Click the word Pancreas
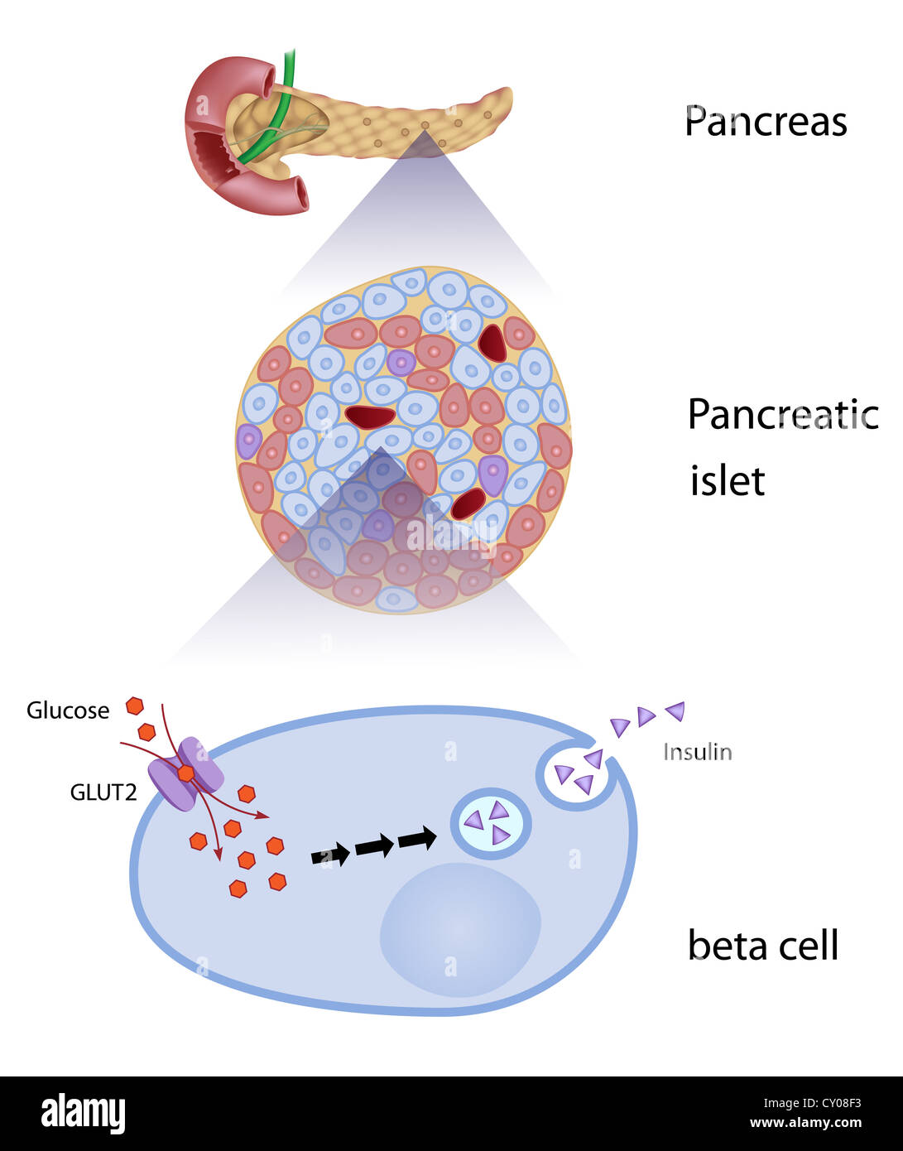[x=766, y=122]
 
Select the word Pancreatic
[x=782, y=414]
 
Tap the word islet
[x=727, y=481]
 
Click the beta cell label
[x=762, y=945]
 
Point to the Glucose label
[x=68, y=710]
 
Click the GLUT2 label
[x=103, y=792]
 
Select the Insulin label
[x=697, y=752]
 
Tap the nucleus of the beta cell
[x=460, y=929]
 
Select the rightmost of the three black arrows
[x=417, y=839]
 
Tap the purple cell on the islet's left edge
[x=248, y=441]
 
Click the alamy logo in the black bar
[x=83, y=1113]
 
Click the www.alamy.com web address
[x=805, y=1124]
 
